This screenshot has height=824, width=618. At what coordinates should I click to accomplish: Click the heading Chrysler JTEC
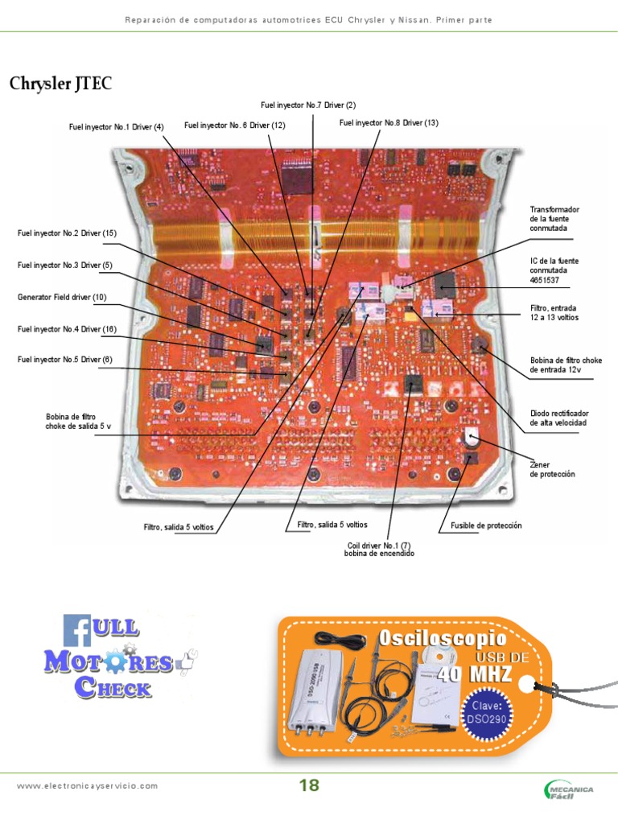pos(61,84)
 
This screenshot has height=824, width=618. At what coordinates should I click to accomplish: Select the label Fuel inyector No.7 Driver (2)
pos(308,105)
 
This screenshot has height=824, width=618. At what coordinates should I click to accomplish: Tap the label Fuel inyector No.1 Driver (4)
pos(116,126)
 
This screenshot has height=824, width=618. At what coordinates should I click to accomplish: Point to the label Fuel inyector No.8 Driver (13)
pos(389,122)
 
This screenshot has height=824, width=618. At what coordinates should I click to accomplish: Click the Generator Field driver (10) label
pos(62,297)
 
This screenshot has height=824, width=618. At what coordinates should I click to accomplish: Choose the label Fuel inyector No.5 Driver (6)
pos(65,360)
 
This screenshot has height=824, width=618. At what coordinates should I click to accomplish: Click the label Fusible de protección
pos(486,525)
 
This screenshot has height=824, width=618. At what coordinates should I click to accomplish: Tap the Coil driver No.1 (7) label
pos(379,550)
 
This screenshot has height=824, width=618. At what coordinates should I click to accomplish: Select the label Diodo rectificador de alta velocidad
pos(558,418)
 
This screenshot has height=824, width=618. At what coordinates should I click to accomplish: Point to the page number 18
pos(309,786)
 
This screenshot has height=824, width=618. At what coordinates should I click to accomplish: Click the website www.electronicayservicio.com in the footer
pos(88,786)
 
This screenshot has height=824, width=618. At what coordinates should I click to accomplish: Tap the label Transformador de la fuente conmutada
pos(554,219)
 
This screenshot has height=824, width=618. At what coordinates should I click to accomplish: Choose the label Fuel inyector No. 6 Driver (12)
pos(235,125)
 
